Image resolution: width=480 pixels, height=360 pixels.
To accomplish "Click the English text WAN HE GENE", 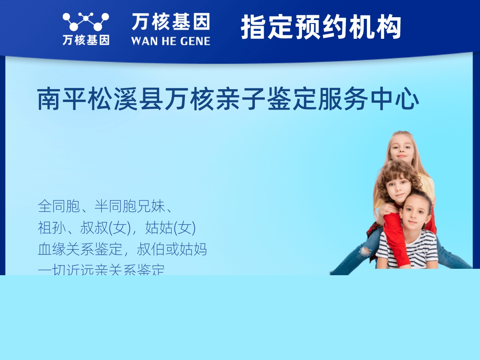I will point(170,41).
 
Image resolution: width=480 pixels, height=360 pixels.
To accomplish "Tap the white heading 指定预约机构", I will point(321,27).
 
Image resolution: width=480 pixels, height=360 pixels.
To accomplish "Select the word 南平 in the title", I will point(61,100).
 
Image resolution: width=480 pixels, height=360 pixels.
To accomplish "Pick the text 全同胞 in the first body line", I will point(56,206).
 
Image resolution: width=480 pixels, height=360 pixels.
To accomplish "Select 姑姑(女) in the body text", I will point(170,228).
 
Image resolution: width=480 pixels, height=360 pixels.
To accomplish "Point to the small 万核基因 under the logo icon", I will point(86,40).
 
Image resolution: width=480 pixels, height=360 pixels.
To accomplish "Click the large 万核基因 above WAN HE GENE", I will point(171,22).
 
